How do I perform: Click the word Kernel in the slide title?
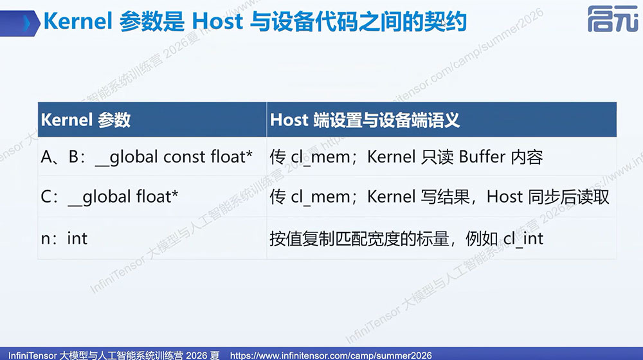pyautogui.click(x=78, y=21)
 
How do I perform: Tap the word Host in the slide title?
pyautogui.click(x=217, y=21)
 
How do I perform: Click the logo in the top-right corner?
pyautogui.click(x=612, y=19)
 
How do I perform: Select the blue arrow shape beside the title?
pyautogui.click(x=20, y=23)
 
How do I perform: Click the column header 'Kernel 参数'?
pyautogui.click(x=86, y=120)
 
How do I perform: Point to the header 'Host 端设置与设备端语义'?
pyautogui.click(x=365, y=120)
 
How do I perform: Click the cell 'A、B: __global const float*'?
pyautogui.click(x=147, y=157)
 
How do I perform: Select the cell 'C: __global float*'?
pyautogui.click(x=109, y=197)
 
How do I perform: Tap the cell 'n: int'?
pyautogui.click(x=64, y=239)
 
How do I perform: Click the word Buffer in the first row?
pyautogui.click(x=482, y=157)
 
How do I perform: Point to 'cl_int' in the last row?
pyautogui.click(x=523, y=239)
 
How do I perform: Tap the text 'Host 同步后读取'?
pyautogui.click(x=548, y=197)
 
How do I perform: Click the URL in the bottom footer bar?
pyautogui.click(x=331, y=355)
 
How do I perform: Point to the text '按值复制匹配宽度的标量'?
pyautogui.click(x=359, y=239)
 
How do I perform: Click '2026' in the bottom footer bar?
pyautogui.click(x=196, y=355)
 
